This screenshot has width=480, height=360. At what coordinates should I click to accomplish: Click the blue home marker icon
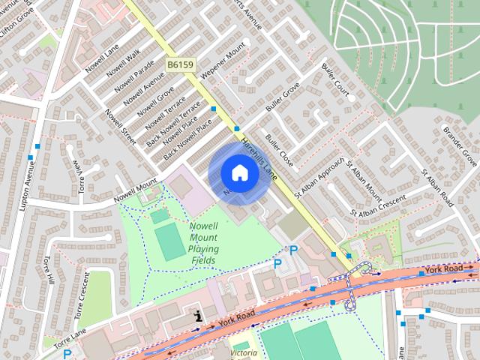[x=239, y=172]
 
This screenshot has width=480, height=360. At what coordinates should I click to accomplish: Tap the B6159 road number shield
[x=180, y=65]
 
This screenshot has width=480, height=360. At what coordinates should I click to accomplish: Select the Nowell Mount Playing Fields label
[x=203, y=243]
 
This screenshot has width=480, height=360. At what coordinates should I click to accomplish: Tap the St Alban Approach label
[x=319, y=178]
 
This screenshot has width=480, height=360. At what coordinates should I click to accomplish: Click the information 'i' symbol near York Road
[x=198, y=316]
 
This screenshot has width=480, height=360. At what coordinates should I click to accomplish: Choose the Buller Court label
[x=336, y=86]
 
